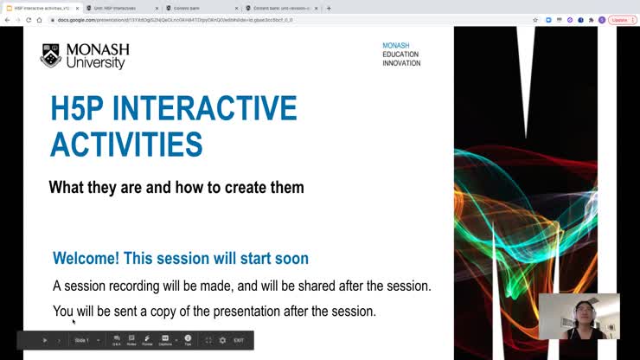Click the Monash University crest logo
point(50,55)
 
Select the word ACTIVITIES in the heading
point(126,145)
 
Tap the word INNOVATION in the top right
point(401,64)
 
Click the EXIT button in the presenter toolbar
point(239,340)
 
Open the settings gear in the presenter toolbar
point(222,340)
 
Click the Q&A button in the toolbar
point(117,340)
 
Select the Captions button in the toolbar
point(165,340)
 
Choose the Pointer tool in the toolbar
point(147,340)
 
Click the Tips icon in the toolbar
point(188,340)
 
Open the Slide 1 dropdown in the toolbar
point(86,340)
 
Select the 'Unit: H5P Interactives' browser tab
point(121,8)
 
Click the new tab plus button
point(329,8)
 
